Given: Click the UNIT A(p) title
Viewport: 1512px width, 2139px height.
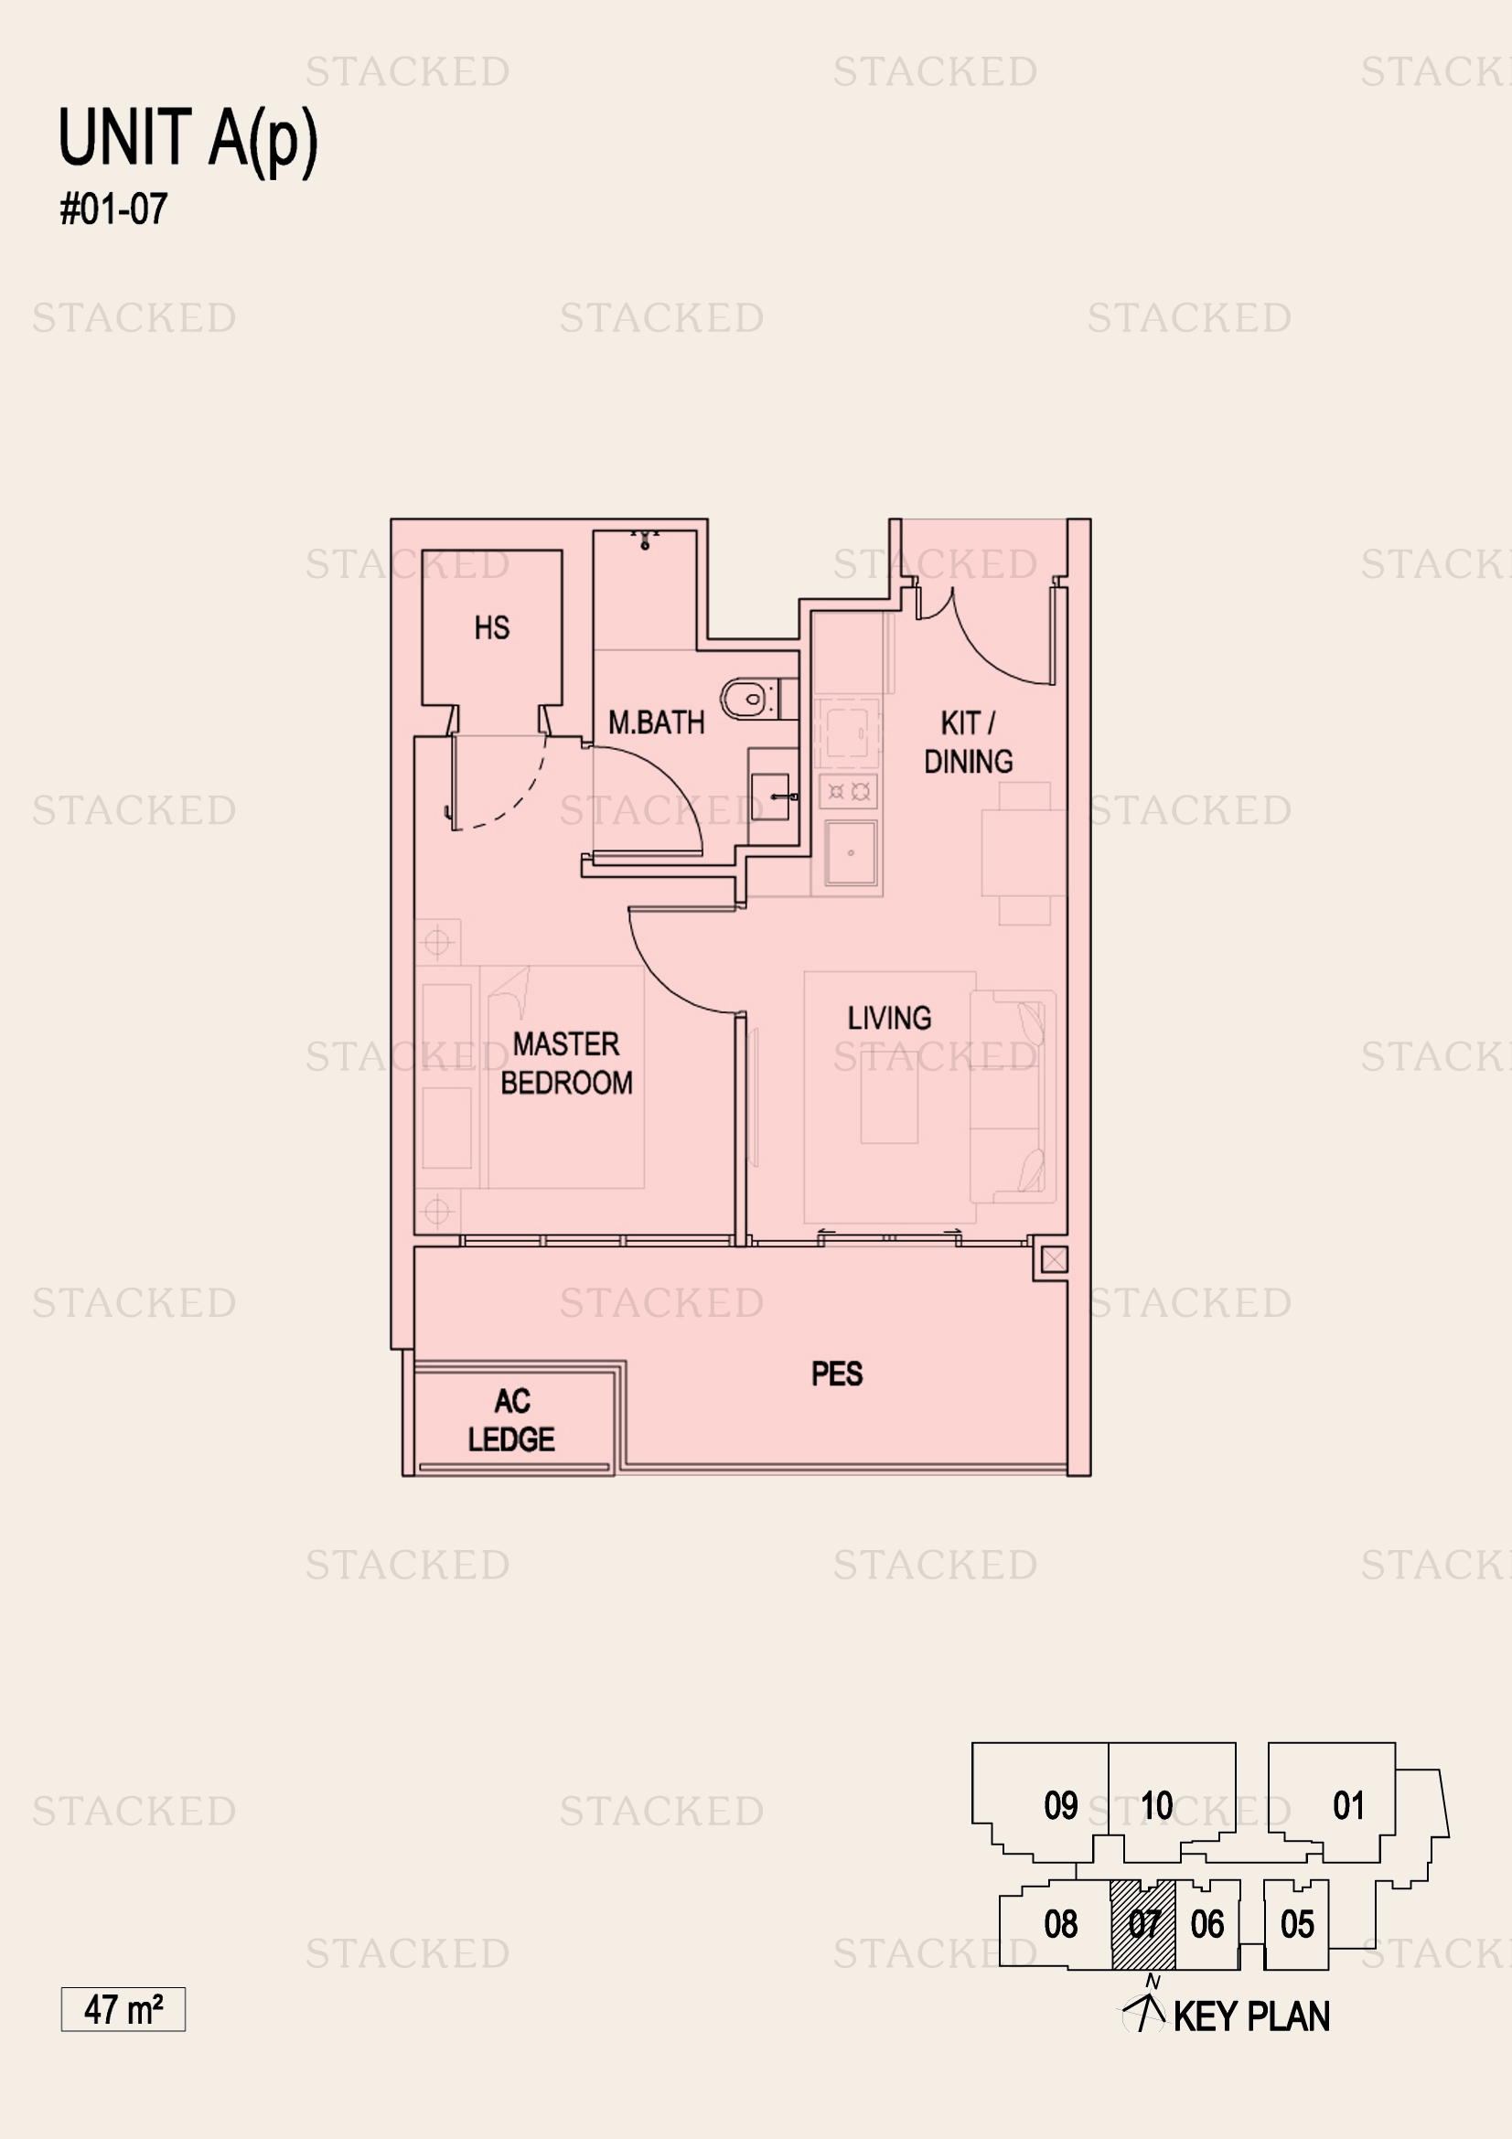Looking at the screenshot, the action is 188,140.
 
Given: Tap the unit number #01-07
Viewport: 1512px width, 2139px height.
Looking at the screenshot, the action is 113,209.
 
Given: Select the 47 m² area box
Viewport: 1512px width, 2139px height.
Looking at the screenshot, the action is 123,2009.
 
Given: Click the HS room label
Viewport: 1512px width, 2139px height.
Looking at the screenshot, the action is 492,628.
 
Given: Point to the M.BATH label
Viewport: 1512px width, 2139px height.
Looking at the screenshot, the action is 656,723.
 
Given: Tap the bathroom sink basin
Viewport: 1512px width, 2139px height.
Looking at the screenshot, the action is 771,797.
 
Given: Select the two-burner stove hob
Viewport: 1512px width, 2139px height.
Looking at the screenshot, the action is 849,793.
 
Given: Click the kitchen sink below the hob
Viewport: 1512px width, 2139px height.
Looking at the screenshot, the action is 851,852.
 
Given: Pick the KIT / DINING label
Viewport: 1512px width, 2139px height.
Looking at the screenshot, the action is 968,743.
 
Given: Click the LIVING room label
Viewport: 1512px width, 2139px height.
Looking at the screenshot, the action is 889,1018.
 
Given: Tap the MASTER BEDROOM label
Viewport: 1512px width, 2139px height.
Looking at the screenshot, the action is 566,1064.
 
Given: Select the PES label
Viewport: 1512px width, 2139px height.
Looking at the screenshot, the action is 837,1374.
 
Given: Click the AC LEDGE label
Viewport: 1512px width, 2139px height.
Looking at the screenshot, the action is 511,1421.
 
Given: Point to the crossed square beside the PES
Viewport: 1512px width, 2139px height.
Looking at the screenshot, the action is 1054,1260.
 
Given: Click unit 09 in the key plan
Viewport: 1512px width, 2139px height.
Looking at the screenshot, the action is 1060,1805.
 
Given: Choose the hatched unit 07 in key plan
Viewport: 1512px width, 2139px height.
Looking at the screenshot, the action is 1143,1925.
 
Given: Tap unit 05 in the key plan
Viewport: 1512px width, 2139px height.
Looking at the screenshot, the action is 1297,1925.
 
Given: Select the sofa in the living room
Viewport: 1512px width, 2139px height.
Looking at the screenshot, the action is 1013,1096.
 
